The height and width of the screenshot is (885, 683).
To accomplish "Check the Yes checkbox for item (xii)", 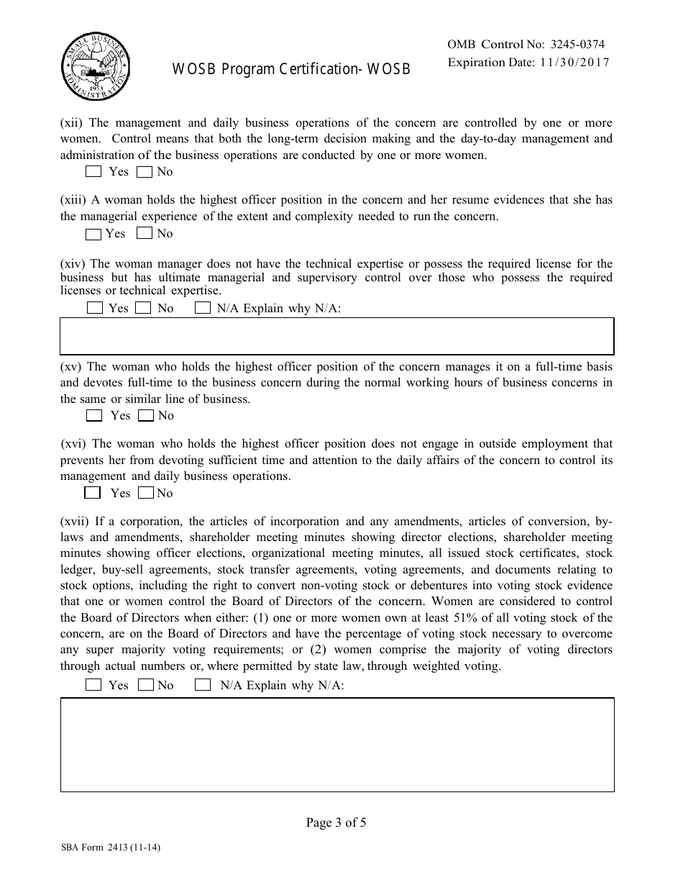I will click(93, 172).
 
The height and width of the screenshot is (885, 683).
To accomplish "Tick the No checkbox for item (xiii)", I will click(145, 233).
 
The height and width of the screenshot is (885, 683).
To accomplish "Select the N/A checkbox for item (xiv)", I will click(203, 308).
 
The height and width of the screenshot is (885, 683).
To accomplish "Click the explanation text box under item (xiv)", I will click(336, 336).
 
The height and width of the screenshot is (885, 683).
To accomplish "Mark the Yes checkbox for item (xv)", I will click(93, 415).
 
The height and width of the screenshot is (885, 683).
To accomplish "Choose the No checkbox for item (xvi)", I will click(146, 493).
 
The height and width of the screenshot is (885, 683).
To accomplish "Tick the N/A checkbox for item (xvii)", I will click(203, 685).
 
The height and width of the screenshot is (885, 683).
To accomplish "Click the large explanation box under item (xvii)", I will click(336, 745).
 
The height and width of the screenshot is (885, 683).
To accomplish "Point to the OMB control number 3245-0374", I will click(572, 45).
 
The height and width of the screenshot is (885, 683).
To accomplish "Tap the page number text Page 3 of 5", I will click(336, 823).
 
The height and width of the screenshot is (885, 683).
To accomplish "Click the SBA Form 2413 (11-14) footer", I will click(111, 848).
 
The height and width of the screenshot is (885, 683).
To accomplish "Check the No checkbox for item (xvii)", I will click(146, 685).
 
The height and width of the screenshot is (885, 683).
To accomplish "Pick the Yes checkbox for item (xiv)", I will click(93, 308).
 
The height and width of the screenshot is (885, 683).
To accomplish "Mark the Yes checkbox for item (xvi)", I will click(92, 493).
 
